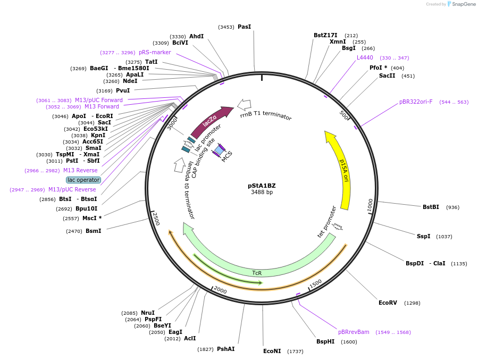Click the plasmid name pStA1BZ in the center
pyautogui.click(x=262, y=186)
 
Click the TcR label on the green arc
pyautogui.click(x=257, y=273)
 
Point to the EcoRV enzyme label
pyautogui.click(x=388, y=303)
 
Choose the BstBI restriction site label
pyautogui.click(x=431, y=207)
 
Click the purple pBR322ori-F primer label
pyautogui.click(x=416, y=102)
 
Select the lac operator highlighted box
pyautogui.click(x=83, y=180)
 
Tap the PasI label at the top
pyautogui.click(x=244, y=27)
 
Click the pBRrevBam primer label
pyautogui.click(x=354, y=332)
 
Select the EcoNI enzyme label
pyautogui.click(x=272, y=351)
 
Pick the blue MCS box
pyautogui.click(x=219, y=150)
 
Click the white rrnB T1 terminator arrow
pyautogui.click(x=245, y=104)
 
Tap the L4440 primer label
pyautogui.click(x=365, y=57)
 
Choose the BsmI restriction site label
pyautogui.click(x=93, y=231)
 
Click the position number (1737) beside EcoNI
pyautogui.click(x=295, y=351)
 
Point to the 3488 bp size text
pyautogui.click(x=262, y=192)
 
